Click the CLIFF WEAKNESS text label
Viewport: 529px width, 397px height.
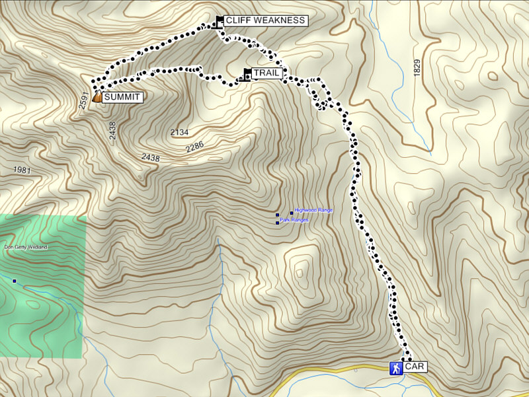point(265,20)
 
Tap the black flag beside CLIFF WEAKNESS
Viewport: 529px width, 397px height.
point(220,21)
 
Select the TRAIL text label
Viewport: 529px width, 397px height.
point(267,73)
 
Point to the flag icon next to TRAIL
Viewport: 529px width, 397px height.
point(247,74)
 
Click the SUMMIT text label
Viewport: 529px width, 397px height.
point(122,96)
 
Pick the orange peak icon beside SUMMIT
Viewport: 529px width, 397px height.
point(97,96)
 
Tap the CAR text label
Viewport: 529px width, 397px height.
point(415,367)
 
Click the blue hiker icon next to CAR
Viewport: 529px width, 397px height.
point(395,367)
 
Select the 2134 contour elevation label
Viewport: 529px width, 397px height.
point(179,133)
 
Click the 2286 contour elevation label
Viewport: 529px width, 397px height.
point(195,147)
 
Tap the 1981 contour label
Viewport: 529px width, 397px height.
point(22,170)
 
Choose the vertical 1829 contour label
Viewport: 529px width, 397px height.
point(417,67)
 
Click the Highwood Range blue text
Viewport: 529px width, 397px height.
point(313,210)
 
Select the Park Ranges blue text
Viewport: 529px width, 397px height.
point(294,219)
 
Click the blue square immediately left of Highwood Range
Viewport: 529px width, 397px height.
point(292,213)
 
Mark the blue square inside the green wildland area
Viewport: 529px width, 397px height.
point(14,281)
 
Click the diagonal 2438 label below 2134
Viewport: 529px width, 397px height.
point(151,158)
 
